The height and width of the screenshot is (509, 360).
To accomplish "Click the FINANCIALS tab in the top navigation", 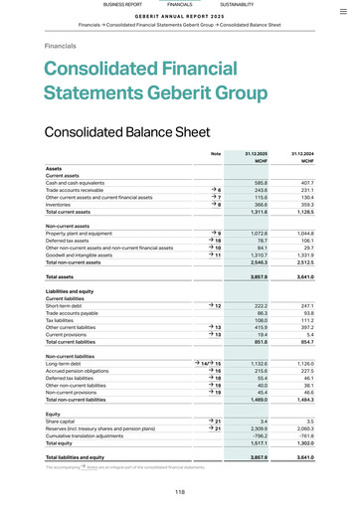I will pyautogui.click(x=180, y=5).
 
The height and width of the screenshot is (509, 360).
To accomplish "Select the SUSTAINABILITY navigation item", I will pyautogui.click(x=237, y=5).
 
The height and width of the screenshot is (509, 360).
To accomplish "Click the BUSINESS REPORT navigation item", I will pyautogui.click(x=122, y=5).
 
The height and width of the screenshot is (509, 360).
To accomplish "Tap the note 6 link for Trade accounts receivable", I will pyautogui.click(x=215, y=190).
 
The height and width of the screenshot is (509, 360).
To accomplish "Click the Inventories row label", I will pyautogui.click(x=61, y=205).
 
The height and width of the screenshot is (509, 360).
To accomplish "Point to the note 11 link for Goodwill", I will pyautogui.click(x=215, y=254).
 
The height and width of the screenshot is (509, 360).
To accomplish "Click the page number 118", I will pyautogui.click(x=180, y=492).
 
